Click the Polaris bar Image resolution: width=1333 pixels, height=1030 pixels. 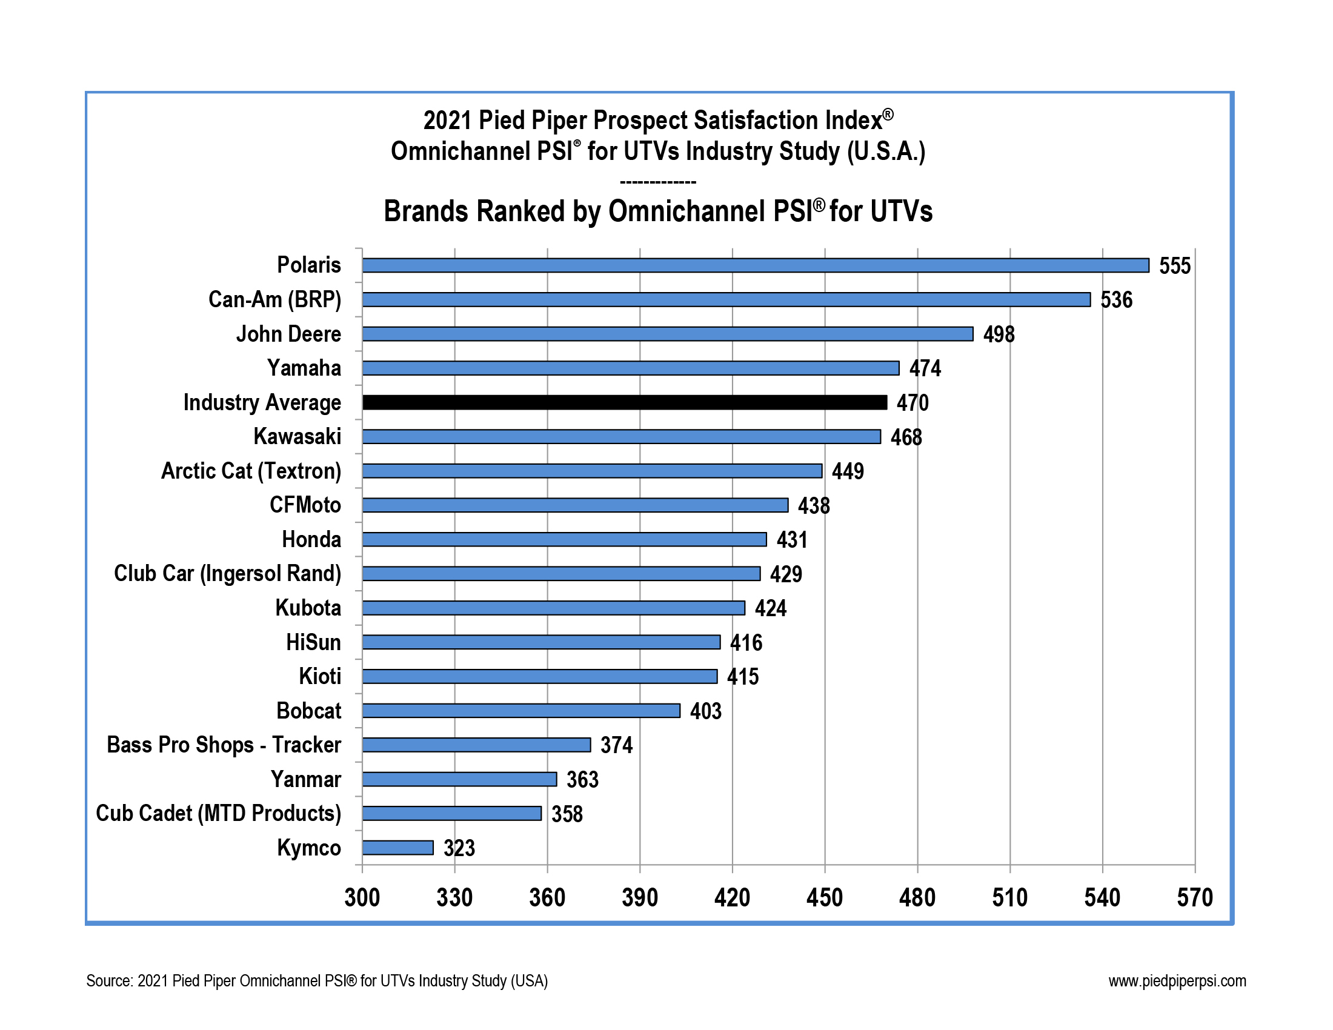click(755, 265)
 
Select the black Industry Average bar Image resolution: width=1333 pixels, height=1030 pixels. click(624, 402)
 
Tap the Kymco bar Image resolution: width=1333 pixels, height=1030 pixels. click(398, 848)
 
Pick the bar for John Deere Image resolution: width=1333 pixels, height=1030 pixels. click(667, 334)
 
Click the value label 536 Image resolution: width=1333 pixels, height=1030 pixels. click(1116, 300)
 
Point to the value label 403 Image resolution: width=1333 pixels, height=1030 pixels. click(705, 711)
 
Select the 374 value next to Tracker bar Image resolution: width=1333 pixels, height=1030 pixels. click(616, 746)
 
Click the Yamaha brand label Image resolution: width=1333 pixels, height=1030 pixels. click(304, 368)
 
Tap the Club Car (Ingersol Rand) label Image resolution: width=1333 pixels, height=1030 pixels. click(228, 574)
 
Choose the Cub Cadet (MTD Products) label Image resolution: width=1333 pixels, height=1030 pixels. click(219, 814)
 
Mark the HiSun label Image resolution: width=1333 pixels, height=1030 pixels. click(314, 642)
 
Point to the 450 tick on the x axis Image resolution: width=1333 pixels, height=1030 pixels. click(825, 898)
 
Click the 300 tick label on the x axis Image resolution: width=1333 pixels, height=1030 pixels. click(362, 898)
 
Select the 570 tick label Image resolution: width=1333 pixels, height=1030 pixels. click(1194, 898)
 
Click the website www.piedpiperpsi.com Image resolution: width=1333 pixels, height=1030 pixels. click(1177, 981)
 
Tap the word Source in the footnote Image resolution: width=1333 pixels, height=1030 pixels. click(108, 981)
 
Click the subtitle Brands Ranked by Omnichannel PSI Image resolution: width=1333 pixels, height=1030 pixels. click(658, 211)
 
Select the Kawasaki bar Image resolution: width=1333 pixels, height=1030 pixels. click(621, 437)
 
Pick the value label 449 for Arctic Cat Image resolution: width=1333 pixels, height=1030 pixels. click(848, 471)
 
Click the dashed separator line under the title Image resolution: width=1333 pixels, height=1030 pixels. click(658, 182)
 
